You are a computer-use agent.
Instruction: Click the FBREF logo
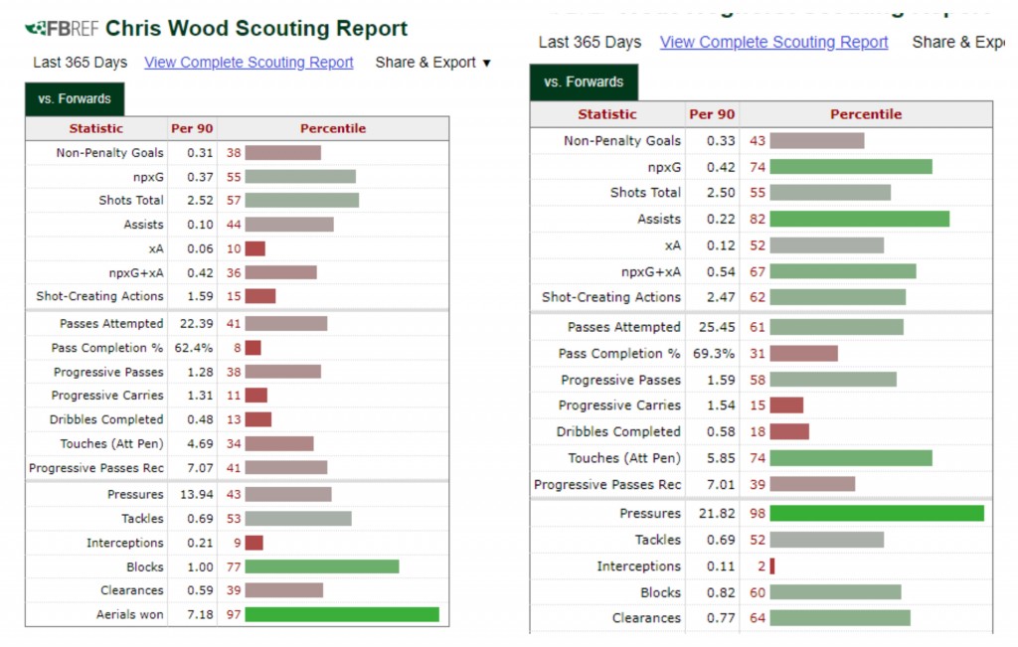(63, 29)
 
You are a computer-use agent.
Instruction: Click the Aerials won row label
(130, 614)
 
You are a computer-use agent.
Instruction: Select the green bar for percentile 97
(342, 614)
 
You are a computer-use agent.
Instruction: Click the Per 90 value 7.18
(200, 614)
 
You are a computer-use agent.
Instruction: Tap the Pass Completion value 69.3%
(716, 353)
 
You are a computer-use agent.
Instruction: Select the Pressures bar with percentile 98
(876, 513)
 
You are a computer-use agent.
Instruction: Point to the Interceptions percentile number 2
(761, 566)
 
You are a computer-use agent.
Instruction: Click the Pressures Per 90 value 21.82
(712, 513)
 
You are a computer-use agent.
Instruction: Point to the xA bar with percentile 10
(254, 248)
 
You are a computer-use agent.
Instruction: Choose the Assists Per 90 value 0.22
(720, 219)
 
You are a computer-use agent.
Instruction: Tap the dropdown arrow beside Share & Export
(486, 63)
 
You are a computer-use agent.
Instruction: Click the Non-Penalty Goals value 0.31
(200, 153)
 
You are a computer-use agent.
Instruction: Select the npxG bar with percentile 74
(850, 167)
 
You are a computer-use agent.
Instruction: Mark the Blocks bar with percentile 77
(321, 566)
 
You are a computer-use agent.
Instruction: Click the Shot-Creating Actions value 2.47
(720, 296)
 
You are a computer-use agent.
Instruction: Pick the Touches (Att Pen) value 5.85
(720, 458)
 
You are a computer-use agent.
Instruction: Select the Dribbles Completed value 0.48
(200, 419)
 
